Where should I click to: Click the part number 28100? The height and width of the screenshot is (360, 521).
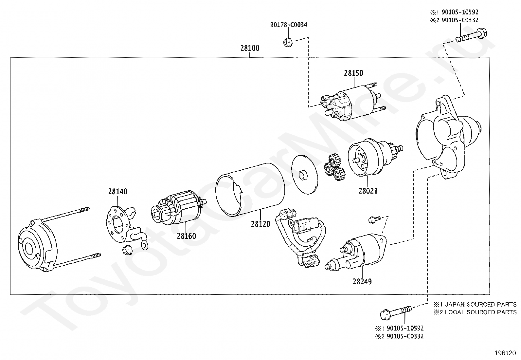pos(250,48)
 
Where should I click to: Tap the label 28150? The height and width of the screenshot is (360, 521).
pos(353,73)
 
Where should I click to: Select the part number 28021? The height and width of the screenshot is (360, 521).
pos(368,191)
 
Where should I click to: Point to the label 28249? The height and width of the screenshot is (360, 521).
pos(362,281)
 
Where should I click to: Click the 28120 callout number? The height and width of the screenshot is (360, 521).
pos(260,224)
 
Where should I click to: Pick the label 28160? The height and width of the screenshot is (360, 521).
pos(187,236)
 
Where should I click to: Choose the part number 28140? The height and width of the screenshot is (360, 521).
pos(118,191)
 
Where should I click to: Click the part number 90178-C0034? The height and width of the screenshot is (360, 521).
pos(289,25)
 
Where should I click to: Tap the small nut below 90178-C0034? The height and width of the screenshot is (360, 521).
pos(288,42)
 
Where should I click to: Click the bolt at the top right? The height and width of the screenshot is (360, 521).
pos(471,36)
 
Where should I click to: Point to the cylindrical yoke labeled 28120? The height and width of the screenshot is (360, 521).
pos(250,190)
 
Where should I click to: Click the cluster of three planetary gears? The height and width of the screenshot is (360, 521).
pos(334,167)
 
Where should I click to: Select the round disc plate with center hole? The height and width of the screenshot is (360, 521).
pos(304,175)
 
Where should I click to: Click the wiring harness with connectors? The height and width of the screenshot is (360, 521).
pos(300,237)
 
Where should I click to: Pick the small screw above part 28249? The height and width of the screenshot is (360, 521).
pos(374,219)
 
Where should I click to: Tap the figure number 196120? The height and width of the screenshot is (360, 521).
pos(505,353)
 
